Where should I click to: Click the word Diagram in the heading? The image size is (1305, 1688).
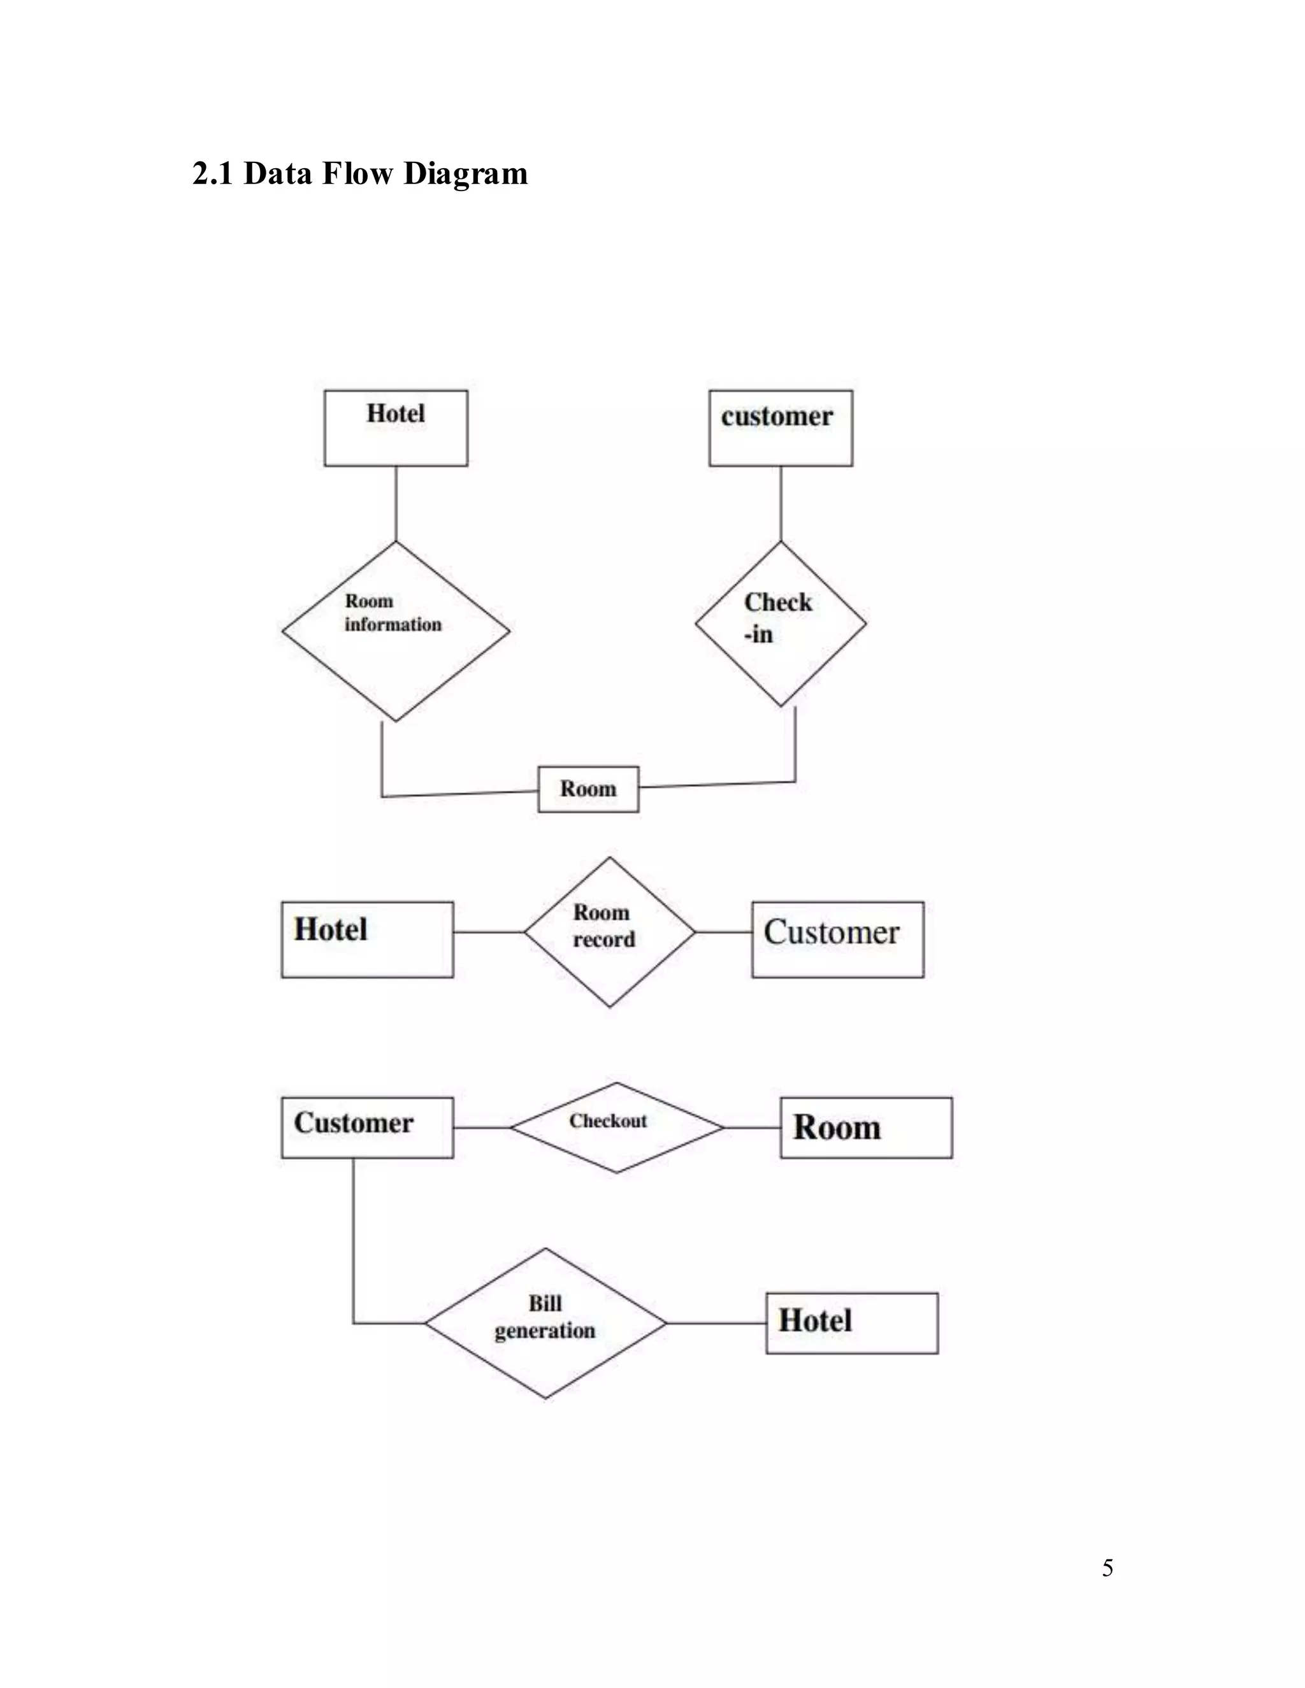[465, 175]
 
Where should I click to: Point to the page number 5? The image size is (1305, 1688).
[1107, 1568]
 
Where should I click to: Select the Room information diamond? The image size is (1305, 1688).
[396, 631]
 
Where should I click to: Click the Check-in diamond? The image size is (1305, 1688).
[781, 623]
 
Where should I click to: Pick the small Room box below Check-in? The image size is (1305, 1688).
[588, 789]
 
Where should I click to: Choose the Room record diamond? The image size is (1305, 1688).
[609, 932]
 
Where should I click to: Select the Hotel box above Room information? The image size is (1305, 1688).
[396, 428]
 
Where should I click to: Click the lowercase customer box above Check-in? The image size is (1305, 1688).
[781, 428]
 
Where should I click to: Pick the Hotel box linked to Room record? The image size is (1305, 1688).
[367, 939]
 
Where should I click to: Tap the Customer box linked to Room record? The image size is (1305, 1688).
[837, 939]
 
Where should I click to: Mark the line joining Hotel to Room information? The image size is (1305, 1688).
[396, 503]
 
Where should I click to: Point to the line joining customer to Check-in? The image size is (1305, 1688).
[781, 503]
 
